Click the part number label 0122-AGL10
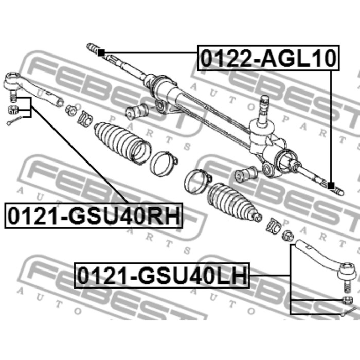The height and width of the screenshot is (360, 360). [268, 58]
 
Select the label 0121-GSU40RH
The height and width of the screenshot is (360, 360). [94, 215]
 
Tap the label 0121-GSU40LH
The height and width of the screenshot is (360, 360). [162, 275]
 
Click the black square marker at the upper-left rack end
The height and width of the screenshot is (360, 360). [101, 53]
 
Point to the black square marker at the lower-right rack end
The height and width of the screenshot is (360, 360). [331, 186]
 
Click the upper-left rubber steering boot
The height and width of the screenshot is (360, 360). [123, 143]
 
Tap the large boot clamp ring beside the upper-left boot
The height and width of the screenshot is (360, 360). [163, 164]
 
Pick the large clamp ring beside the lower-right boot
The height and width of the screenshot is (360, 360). [197, 182]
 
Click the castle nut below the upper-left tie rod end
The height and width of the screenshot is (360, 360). [13, 110]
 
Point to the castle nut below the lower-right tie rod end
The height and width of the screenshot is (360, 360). [347, 300]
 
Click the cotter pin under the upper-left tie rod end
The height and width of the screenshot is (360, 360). [14, 121]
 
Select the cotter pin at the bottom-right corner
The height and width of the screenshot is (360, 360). [349, 311]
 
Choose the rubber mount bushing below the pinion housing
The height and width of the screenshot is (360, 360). [246, 174]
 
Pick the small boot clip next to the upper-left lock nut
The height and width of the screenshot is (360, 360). [85, 119]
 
